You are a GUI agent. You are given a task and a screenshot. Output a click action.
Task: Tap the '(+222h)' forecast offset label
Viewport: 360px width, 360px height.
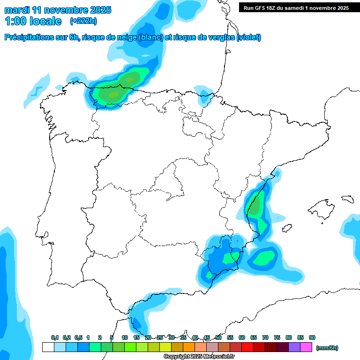coord(83,21)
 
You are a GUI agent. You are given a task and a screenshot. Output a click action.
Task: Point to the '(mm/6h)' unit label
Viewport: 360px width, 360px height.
coord(327,348)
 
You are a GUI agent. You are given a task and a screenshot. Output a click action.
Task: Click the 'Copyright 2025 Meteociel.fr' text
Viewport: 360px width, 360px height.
coord(199,357)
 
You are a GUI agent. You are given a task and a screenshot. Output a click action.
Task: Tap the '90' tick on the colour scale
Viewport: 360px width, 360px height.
coord(312,338)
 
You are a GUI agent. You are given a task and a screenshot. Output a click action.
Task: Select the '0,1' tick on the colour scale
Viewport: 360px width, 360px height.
coord(55,338)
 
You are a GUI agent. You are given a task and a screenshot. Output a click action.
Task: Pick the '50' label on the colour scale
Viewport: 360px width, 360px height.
coord(218,338)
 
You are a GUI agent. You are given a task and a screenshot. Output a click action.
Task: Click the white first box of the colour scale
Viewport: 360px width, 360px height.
coord(48,347)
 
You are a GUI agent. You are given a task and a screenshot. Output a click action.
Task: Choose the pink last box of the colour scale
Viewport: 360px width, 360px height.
coord(306,347)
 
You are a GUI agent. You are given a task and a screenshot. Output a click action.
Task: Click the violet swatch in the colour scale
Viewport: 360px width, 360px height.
coord(294,347)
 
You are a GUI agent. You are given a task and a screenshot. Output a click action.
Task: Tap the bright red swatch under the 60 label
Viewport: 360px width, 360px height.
coord(247,347)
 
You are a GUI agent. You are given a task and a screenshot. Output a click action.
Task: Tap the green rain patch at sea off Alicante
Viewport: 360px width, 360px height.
coord(266,257)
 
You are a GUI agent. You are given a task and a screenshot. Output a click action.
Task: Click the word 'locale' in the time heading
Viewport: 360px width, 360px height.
coord(45,21)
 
